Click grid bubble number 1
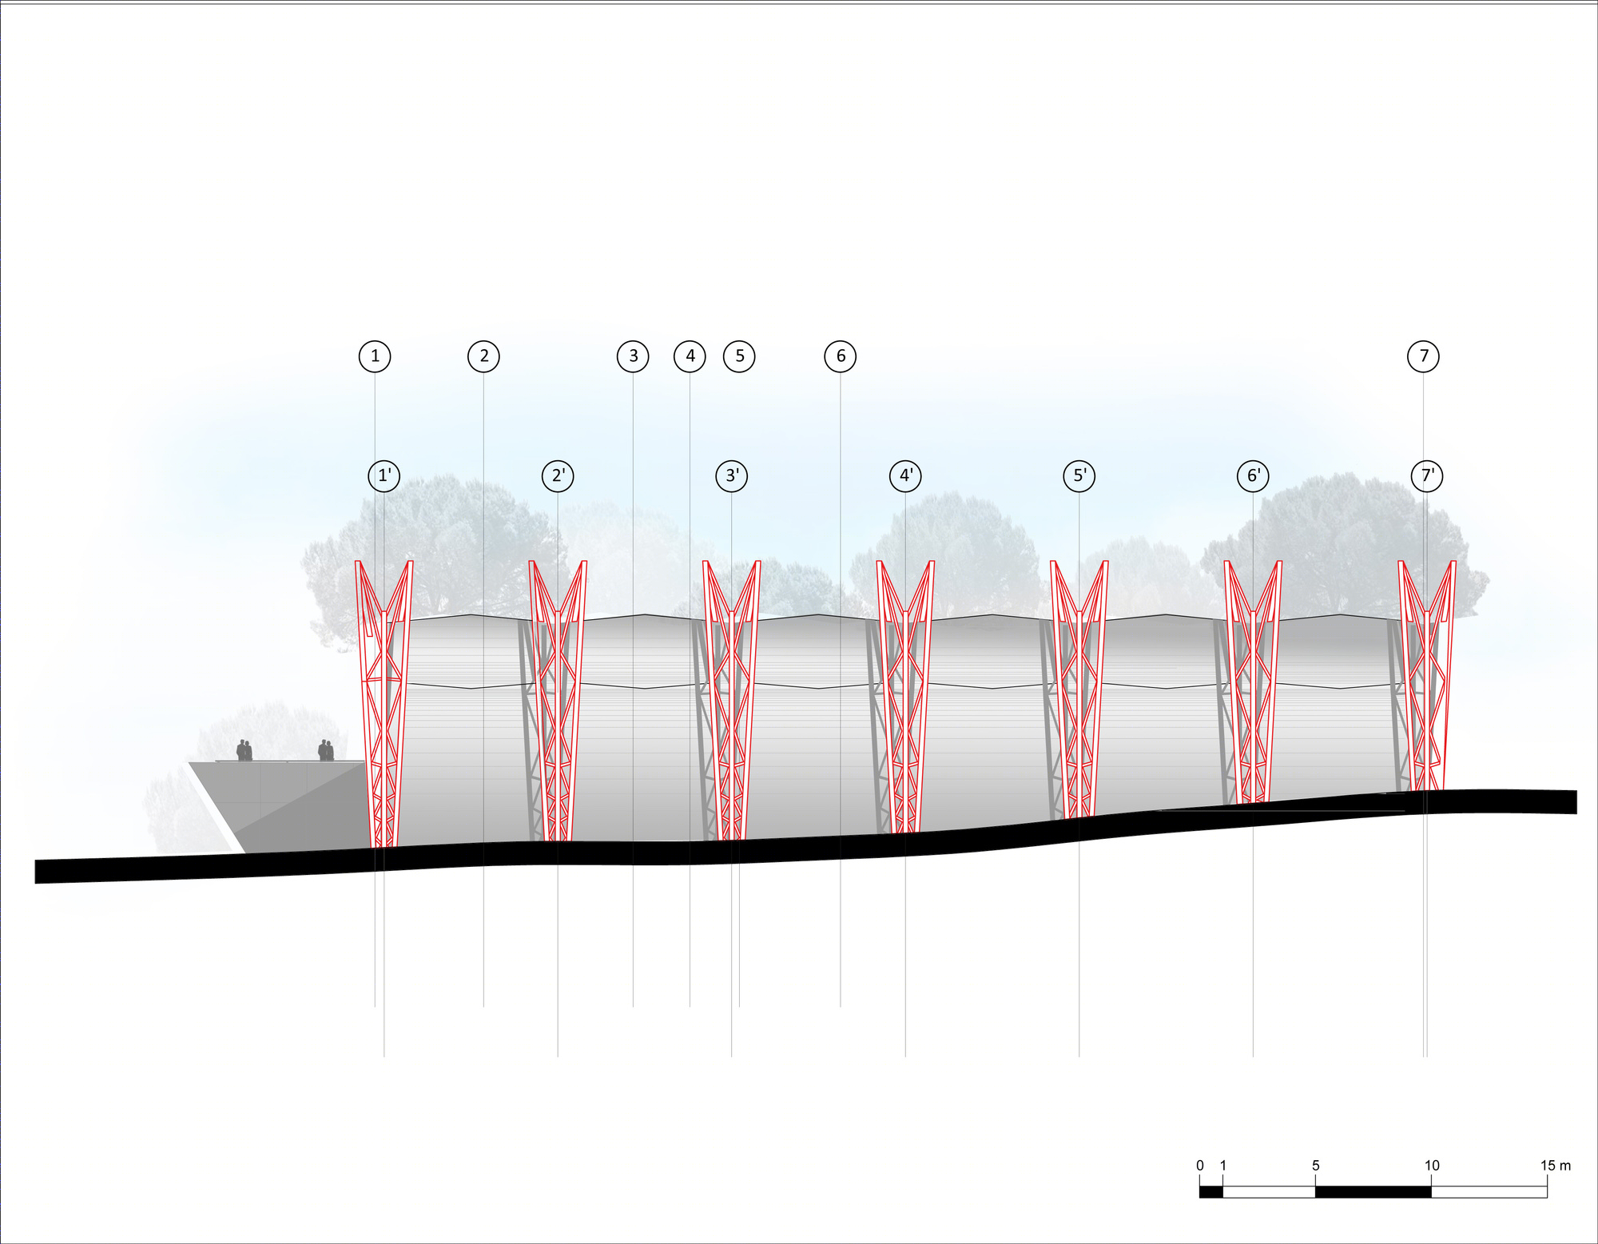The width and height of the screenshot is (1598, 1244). pyautogui.click(x=375, y=356)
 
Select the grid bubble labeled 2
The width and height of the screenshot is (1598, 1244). pyautogui.click(x=483, y=356)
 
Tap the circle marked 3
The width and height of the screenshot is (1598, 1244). pyautogui.click(x=633, y=356)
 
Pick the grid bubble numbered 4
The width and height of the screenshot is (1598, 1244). pyautogui.click(x=690, y=356)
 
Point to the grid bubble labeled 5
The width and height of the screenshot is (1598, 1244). pyautogui.click(x=739, y=356)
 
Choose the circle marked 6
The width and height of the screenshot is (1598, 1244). pyautogui.click(x=841, y=356)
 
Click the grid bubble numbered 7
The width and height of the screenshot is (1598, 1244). pyautogui.click(x=1423, y=356)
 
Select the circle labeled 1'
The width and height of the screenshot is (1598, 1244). pyautogui.click(x=384, y=476)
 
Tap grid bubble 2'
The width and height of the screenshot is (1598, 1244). pyautogui.click(x=558, y=476)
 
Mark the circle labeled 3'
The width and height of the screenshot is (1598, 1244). pyautogui.click(x=732, y=476)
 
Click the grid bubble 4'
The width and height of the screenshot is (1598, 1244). pyautogui.click(x=905, y=476)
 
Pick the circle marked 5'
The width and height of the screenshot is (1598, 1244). pyautogui.click(x=1079, y=476)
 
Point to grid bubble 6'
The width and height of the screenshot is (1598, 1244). pyautogui.click(x=1253, y=476)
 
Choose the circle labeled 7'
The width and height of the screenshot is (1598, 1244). pyautogui.click(x=1427, y=476)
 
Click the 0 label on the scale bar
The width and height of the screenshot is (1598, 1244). pyautogui.click(x=1200, y=1166)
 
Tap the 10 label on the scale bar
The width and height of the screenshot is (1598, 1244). pyautogui.click(x=1432, y=1166)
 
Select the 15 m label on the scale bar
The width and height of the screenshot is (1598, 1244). pyautogui.click(x=1556, y=1166)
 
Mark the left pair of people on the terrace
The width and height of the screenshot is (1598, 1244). pyautogui.click(x=244, y=750)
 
